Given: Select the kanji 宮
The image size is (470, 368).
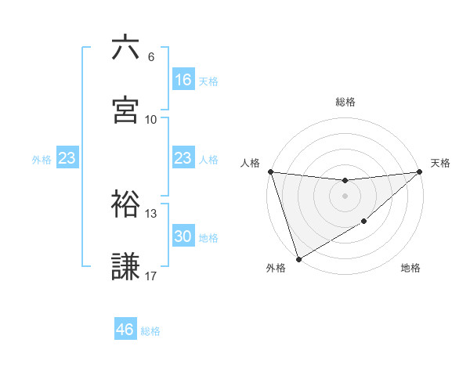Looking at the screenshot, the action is click(125, 110).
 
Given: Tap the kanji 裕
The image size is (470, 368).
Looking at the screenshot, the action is click(125, 204).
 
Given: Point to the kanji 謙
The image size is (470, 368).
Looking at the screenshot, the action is click(125, 267).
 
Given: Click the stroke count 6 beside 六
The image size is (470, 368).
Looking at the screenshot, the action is click(150, 57).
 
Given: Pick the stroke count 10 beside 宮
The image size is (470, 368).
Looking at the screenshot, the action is click(150, 120).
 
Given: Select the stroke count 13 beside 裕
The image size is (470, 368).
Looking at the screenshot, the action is click(150, 214).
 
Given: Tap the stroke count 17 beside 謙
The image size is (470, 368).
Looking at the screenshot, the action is click(150, 276).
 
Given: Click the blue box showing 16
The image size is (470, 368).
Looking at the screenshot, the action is click(183, 80).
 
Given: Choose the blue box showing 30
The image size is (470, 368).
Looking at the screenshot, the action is click(183, 236).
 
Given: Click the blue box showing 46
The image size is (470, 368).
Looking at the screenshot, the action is click(125, 330).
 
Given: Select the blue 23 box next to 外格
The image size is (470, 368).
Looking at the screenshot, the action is click(67, 158).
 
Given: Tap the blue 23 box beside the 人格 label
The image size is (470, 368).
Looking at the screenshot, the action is click(183, 158).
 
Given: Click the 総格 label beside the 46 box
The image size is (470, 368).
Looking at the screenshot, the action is click(150, 331).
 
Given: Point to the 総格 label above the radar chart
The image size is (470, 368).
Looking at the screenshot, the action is click(345, 102).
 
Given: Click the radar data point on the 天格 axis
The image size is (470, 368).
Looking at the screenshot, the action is click(420, 172).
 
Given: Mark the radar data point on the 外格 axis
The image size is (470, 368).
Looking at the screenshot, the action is click(298, 258).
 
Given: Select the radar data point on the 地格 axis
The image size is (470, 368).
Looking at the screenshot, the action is click(364, 222).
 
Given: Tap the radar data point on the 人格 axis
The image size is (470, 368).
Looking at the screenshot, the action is click(270, 171).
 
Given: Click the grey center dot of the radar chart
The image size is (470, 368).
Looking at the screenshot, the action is click(345, 196).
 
